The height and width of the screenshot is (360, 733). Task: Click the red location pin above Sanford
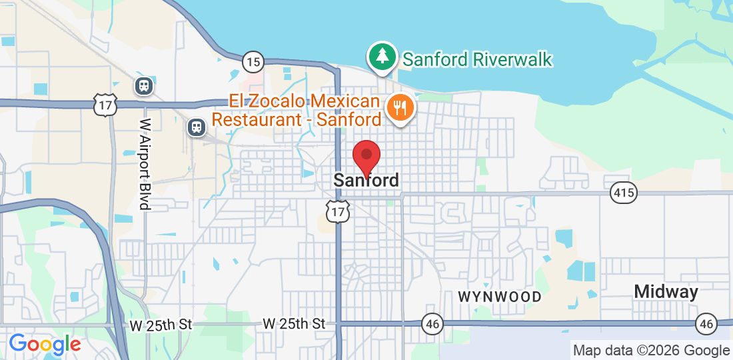(x=366, y=157)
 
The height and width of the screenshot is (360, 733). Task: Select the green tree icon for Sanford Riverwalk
(x=382, y=57)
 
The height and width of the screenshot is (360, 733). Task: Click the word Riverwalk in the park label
(x=512, y=59)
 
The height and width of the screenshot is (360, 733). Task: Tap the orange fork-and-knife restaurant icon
(x=400, y=107)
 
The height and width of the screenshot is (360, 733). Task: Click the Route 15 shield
(x=253, y=62)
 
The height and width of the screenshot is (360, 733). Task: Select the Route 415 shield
(x=624, y=193)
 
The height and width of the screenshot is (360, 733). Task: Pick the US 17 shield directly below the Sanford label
(x=339, y=211)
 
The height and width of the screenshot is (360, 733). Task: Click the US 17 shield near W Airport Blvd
(x=106, y=104)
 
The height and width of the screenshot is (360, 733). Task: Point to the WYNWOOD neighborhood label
(x=499, y=296)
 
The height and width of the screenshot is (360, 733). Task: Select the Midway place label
(x=666, y=291)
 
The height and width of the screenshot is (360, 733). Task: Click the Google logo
(x=45, y=344)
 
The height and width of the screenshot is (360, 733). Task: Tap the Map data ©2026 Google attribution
(x=651, y=351)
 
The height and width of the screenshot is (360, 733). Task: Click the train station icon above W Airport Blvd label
(x=143, y=85)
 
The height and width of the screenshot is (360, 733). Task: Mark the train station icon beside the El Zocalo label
(x=196, y=127)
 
